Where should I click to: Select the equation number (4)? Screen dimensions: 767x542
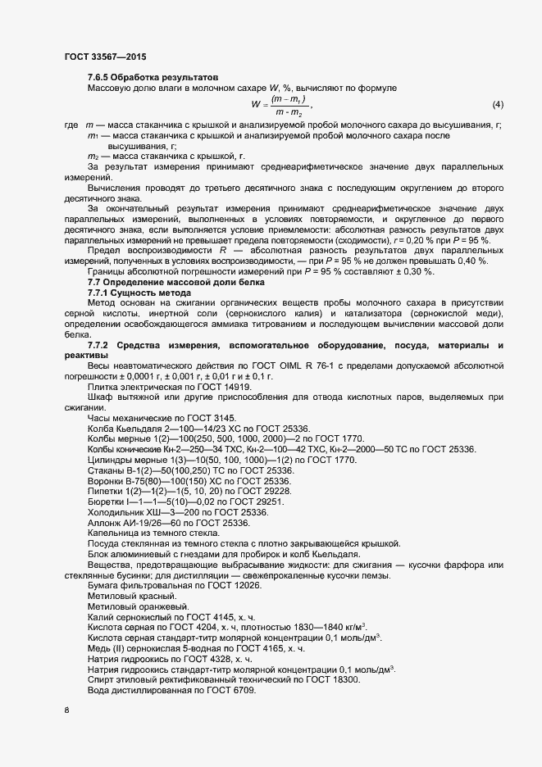(x=497, y=105)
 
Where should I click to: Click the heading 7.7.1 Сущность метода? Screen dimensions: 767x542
(x=139, y=293)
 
